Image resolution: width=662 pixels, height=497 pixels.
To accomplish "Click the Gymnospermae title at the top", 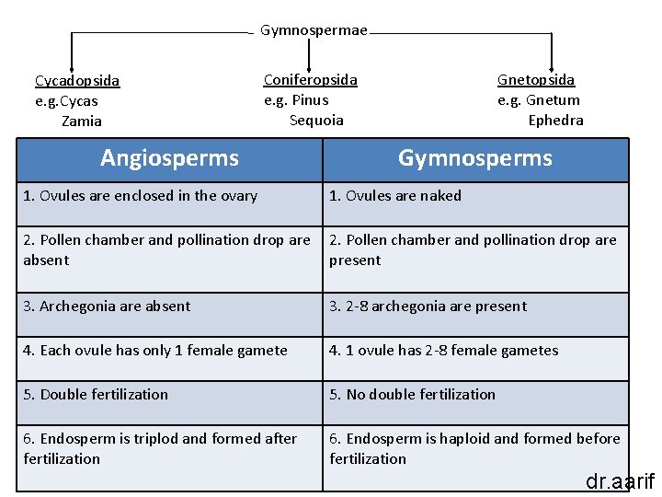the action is [314, 30].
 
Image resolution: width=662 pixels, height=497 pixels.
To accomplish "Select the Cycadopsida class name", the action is [77, 81].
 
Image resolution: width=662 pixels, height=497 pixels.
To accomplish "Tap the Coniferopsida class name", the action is [311, 80].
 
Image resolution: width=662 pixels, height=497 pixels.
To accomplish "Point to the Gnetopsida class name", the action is [536, 80].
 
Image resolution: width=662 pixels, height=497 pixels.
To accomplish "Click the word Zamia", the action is [82, 121].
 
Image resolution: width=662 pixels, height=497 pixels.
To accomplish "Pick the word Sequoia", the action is [316, 120].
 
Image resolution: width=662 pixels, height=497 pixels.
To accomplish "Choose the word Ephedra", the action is [555, 120].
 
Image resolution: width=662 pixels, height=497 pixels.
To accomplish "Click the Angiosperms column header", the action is [169, 158].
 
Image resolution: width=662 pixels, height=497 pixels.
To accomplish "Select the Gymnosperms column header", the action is [474, 158].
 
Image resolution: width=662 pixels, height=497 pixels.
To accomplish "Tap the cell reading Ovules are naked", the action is [395, 195].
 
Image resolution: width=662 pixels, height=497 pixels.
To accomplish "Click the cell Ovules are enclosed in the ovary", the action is [141, 195].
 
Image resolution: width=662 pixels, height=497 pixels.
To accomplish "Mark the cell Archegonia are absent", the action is [107, 306].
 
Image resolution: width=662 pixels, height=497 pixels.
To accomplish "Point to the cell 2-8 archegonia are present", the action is [428, 306].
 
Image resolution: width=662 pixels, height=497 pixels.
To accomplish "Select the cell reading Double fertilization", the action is [96, 394].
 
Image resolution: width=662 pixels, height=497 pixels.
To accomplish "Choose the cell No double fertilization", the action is [413, 394].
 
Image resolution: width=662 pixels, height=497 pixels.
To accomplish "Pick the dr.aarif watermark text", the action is [620, 480].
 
